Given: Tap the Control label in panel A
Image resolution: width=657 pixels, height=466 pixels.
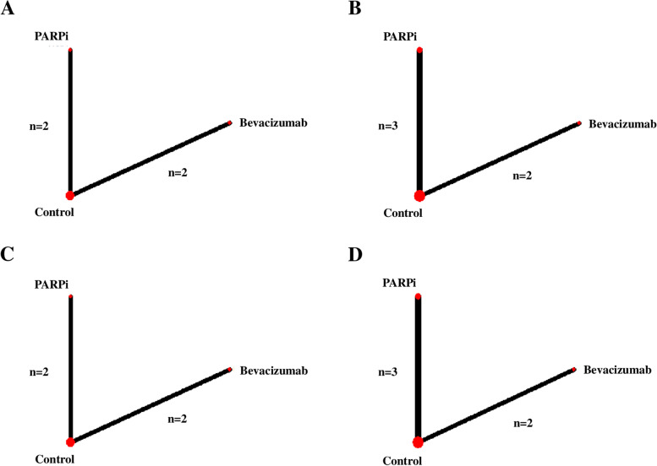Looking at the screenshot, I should point(54,212).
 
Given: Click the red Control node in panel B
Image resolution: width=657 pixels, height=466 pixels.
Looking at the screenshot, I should point(419,196).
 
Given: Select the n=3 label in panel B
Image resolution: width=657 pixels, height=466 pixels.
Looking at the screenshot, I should point(388,126).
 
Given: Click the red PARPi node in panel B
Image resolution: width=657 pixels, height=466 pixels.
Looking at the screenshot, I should point(419,51).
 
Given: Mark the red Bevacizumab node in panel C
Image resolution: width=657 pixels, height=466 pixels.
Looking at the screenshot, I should point(230,370).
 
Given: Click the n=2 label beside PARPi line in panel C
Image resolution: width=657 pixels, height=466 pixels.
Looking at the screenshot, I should point(40,371).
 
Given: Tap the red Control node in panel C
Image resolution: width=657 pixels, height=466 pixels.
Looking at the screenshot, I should point(70,442).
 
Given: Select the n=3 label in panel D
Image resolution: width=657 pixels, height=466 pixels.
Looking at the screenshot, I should point(388,372).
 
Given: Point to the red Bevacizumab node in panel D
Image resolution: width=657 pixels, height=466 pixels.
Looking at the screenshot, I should point(574,370).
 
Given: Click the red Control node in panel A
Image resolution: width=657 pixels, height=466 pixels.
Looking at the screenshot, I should point(70,195).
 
